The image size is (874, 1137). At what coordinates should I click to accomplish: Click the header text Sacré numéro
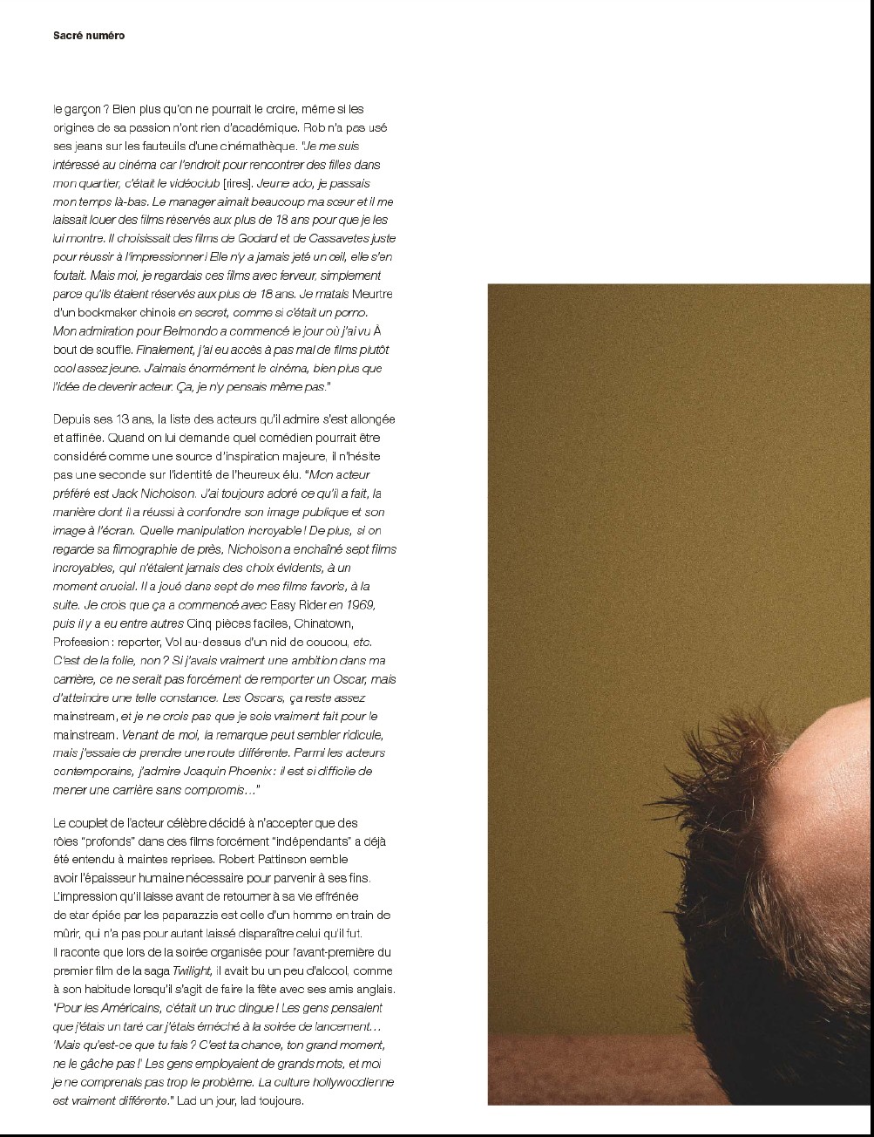[89, 36]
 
